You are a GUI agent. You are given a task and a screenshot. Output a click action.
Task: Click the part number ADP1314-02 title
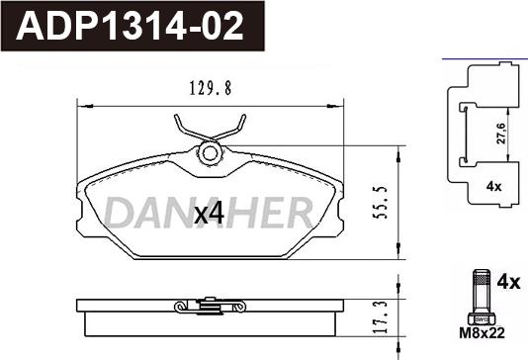(x=129, y=25)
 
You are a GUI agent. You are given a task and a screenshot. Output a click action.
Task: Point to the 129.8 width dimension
(x=210, y=88)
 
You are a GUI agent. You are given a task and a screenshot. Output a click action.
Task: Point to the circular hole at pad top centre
(x=210, y=153)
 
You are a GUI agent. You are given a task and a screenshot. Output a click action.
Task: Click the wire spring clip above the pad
(x=210, y=129)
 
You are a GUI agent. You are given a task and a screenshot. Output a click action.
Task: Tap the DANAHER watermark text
(x=209, y=211)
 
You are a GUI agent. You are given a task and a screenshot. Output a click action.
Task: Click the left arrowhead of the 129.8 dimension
(x=81, y=103)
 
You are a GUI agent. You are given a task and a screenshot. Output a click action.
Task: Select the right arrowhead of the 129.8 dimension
(x=340, y=103)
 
